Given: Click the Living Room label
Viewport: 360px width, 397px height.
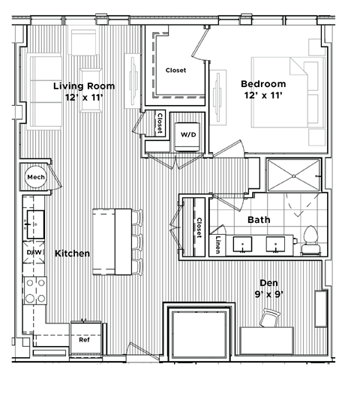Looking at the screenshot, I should [x=83, y=86].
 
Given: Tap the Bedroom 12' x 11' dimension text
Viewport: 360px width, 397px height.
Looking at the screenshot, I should [x=262, y=96].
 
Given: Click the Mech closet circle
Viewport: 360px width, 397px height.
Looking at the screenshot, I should [x=34, y=177].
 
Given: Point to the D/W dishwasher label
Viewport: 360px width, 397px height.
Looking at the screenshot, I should [x=34, y=253].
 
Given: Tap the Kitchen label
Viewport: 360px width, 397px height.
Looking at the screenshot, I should [x=72, y=254].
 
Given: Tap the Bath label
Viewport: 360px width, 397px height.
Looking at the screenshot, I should [x=259, y=221].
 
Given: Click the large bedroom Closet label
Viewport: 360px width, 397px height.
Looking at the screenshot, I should [x=175, y=71].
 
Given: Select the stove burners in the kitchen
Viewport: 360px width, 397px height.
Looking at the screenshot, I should [x=33, y=291].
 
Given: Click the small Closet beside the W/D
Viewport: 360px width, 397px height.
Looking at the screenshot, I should [x=160, y=122].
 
